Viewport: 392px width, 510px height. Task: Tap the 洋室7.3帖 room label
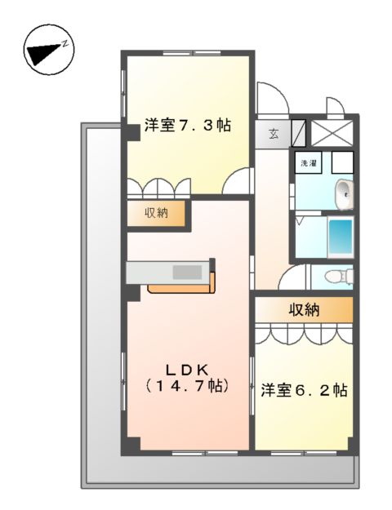[187, 126]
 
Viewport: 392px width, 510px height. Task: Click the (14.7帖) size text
[186, 385]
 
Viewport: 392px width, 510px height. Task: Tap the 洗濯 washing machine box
[310, 162]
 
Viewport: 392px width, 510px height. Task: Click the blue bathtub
[340, 237]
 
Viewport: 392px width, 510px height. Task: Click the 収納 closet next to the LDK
[156, 214]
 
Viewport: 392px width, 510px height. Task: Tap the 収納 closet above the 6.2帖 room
[303, 310]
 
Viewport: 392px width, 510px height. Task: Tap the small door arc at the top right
[335, 106]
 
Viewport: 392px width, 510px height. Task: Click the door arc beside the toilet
[290, 278]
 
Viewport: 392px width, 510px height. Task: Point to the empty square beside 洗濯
[342, 162]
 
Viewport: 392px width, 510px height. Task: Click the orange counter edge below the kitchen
[181, 288]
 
